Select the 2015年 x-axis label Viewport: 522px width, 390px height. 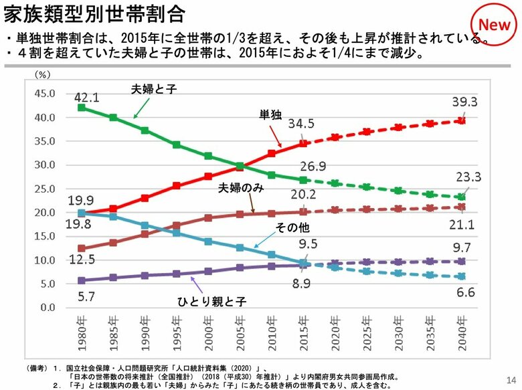click(x=304, y=336)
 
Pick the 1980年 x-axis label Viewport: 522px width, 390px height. click(x=82, y=336)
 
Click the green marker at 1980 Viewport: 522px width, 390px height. click(x=82, y=107)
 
